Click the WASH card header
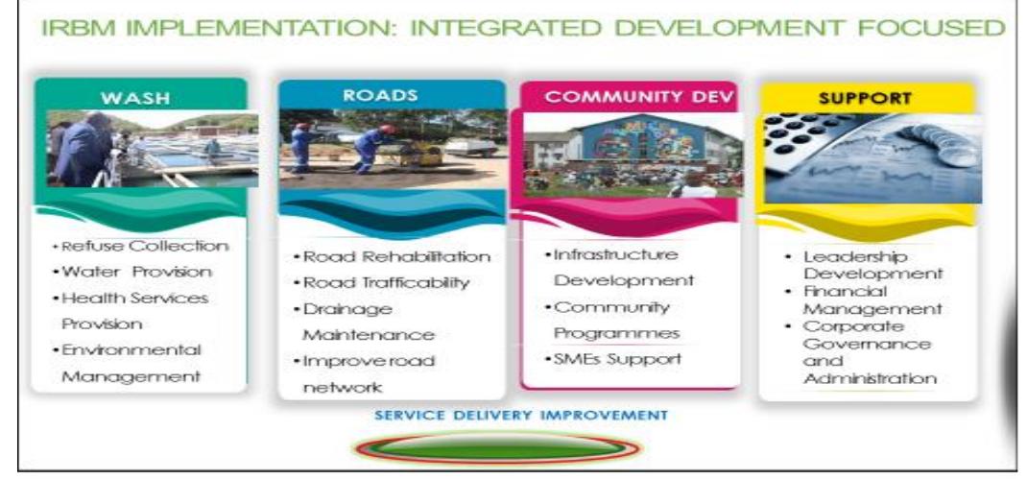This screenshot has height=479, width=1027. coord(141,96)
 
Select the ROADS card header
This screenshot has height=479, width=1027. coord(391,95)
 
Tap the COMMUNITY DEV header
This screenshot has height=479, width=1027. coord(630,96)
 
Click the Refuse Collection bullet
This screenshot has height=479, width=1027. coord(141,247)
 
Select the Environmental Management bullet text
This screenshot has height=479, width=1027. coord(131,363)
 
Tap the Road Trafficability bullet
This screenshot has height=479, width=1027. coord(386,282)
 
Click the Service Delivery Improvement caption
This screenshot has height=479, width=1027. coord(520,415)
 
